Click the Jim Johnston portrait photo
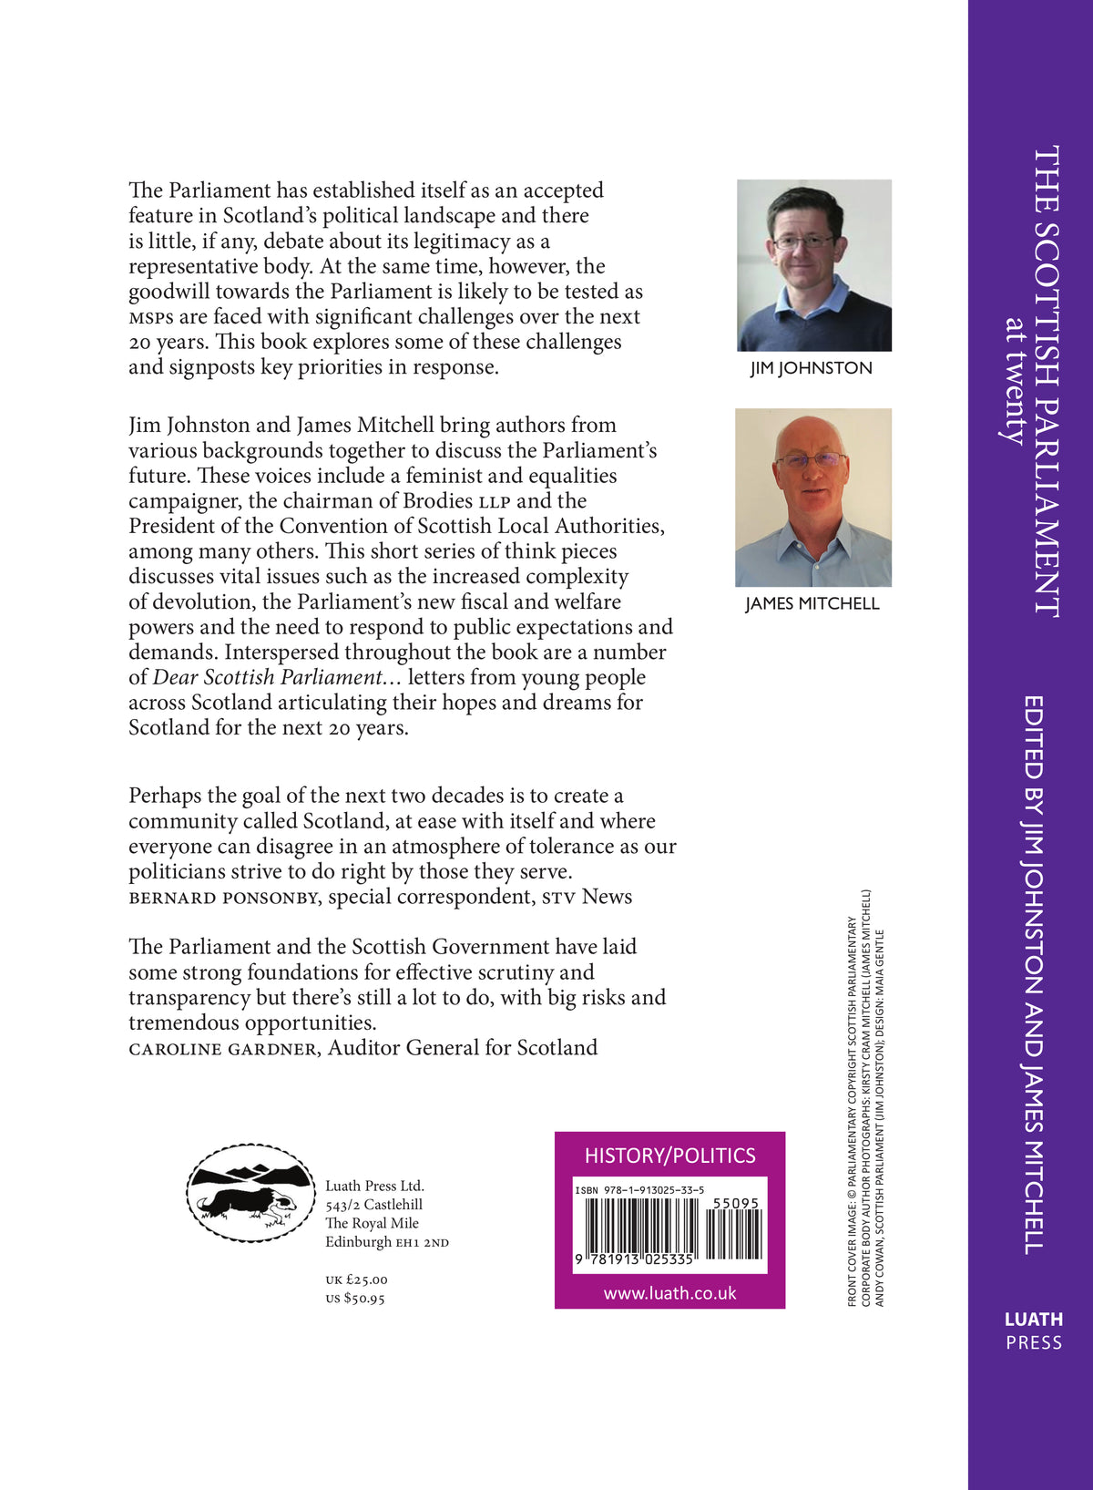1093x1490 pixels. pyautogui.click(x=814, y=265)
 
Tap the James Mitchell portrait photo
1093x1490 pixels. pyautogui.click(x=813, y=498)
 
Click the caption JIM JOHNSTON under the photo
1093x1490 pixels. pyautogui.click(x=812, y=368)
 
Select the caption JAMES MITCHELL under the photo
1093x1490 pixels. pyautogui.click(x=812, y=603)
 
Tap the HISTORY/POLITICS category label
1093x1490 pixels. pyautogui.click(x=669, y=1156)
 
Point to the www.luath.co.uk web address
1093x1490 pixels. pyautogui.click(x=669, y=1293)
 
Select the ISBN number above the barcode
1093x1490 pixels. pyautogui.click(x=639, y=1190)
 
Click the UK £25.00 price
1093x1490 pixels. pyautogui.click(x=356, y=1279)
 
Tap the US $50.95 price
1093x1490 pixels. pyautogui.click(x=355, y=1299)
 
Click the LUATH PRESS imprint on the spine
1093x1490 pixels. pyautogui.click(x=1034, y=1331)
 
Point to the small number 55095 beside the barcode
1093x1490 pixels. pyautogui.click(x=735, y=1203)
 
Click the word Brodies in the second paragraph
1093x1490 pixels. pyautogui.click(x=439, y=501)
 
